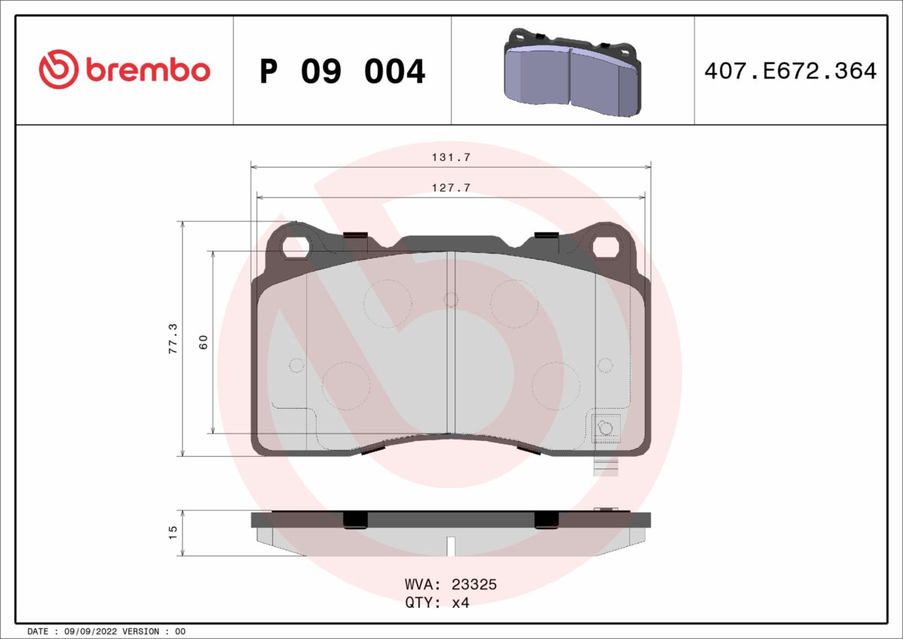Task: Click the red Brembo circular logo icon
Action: [59, 71]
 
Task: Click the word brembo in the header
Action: [147, 71]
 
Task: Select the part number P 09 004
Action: [342, 72]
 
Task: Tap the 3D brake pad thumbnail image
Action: [572, 72]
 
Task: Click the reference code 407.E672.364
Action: [789, 72]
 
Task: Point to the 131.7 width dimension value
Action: [450, 157]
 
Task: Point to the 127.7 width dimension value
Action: [450, 188]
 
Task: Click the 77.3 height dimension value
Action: [173, 339]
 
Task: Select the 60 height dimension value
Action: [203, 341]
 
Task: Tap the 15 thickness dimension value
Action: [173, 532]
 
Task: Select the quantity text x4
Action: [460, 603]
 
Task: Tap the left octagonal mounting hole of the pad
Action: [296, 246]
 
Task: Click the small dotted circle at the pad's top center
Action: [451, 300]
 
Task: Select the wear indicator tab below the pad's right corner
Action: [605, 467]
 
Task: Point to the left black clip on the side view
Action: [354, 519]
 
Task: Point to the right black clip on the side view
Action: [546, 519]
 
